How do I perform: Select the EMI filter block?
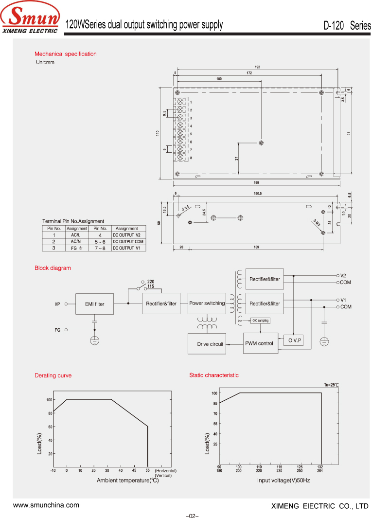pyautogui.click(x=95, y=304)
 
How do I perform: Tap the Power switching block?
pyautogui.click(x=207, y=304)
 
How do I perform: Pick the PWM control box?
pyautogui.click(x=259, y=343)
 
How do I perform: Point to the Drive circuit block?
pyautogui.click(x=210, y=344)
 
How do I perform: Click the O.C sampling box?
pyautogui.click(x=260, y=321)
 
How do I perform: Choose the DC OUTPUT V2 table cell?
pyautogui.click(x=128, y=235)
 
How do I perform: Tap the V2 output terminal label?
pyautogui.click(x=343, y=275)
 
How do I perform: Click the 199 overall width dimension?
pyautogui.click(x=256, y=183)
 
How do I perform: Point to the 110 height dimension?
pyautogui.click(x=158, y=133)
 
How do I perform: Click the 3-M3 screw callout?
pyautogui.click(x=317, y=224)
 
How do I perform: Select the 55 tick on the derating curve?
pyautogui.click(x=147, y=470)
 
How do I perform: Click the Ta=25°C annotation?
pyautogui.click(x=331, y=385)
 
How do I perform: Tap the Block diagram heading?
pyautogui.click(x=53, y=268)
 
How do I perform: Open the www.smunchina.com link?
pyautogui.click(x=46, y=505)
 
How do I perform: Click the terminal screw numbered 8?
pyautogui.click(x=181, y=157)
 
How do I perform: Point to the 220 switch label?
pyautogui.click(x=151, y=282)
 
